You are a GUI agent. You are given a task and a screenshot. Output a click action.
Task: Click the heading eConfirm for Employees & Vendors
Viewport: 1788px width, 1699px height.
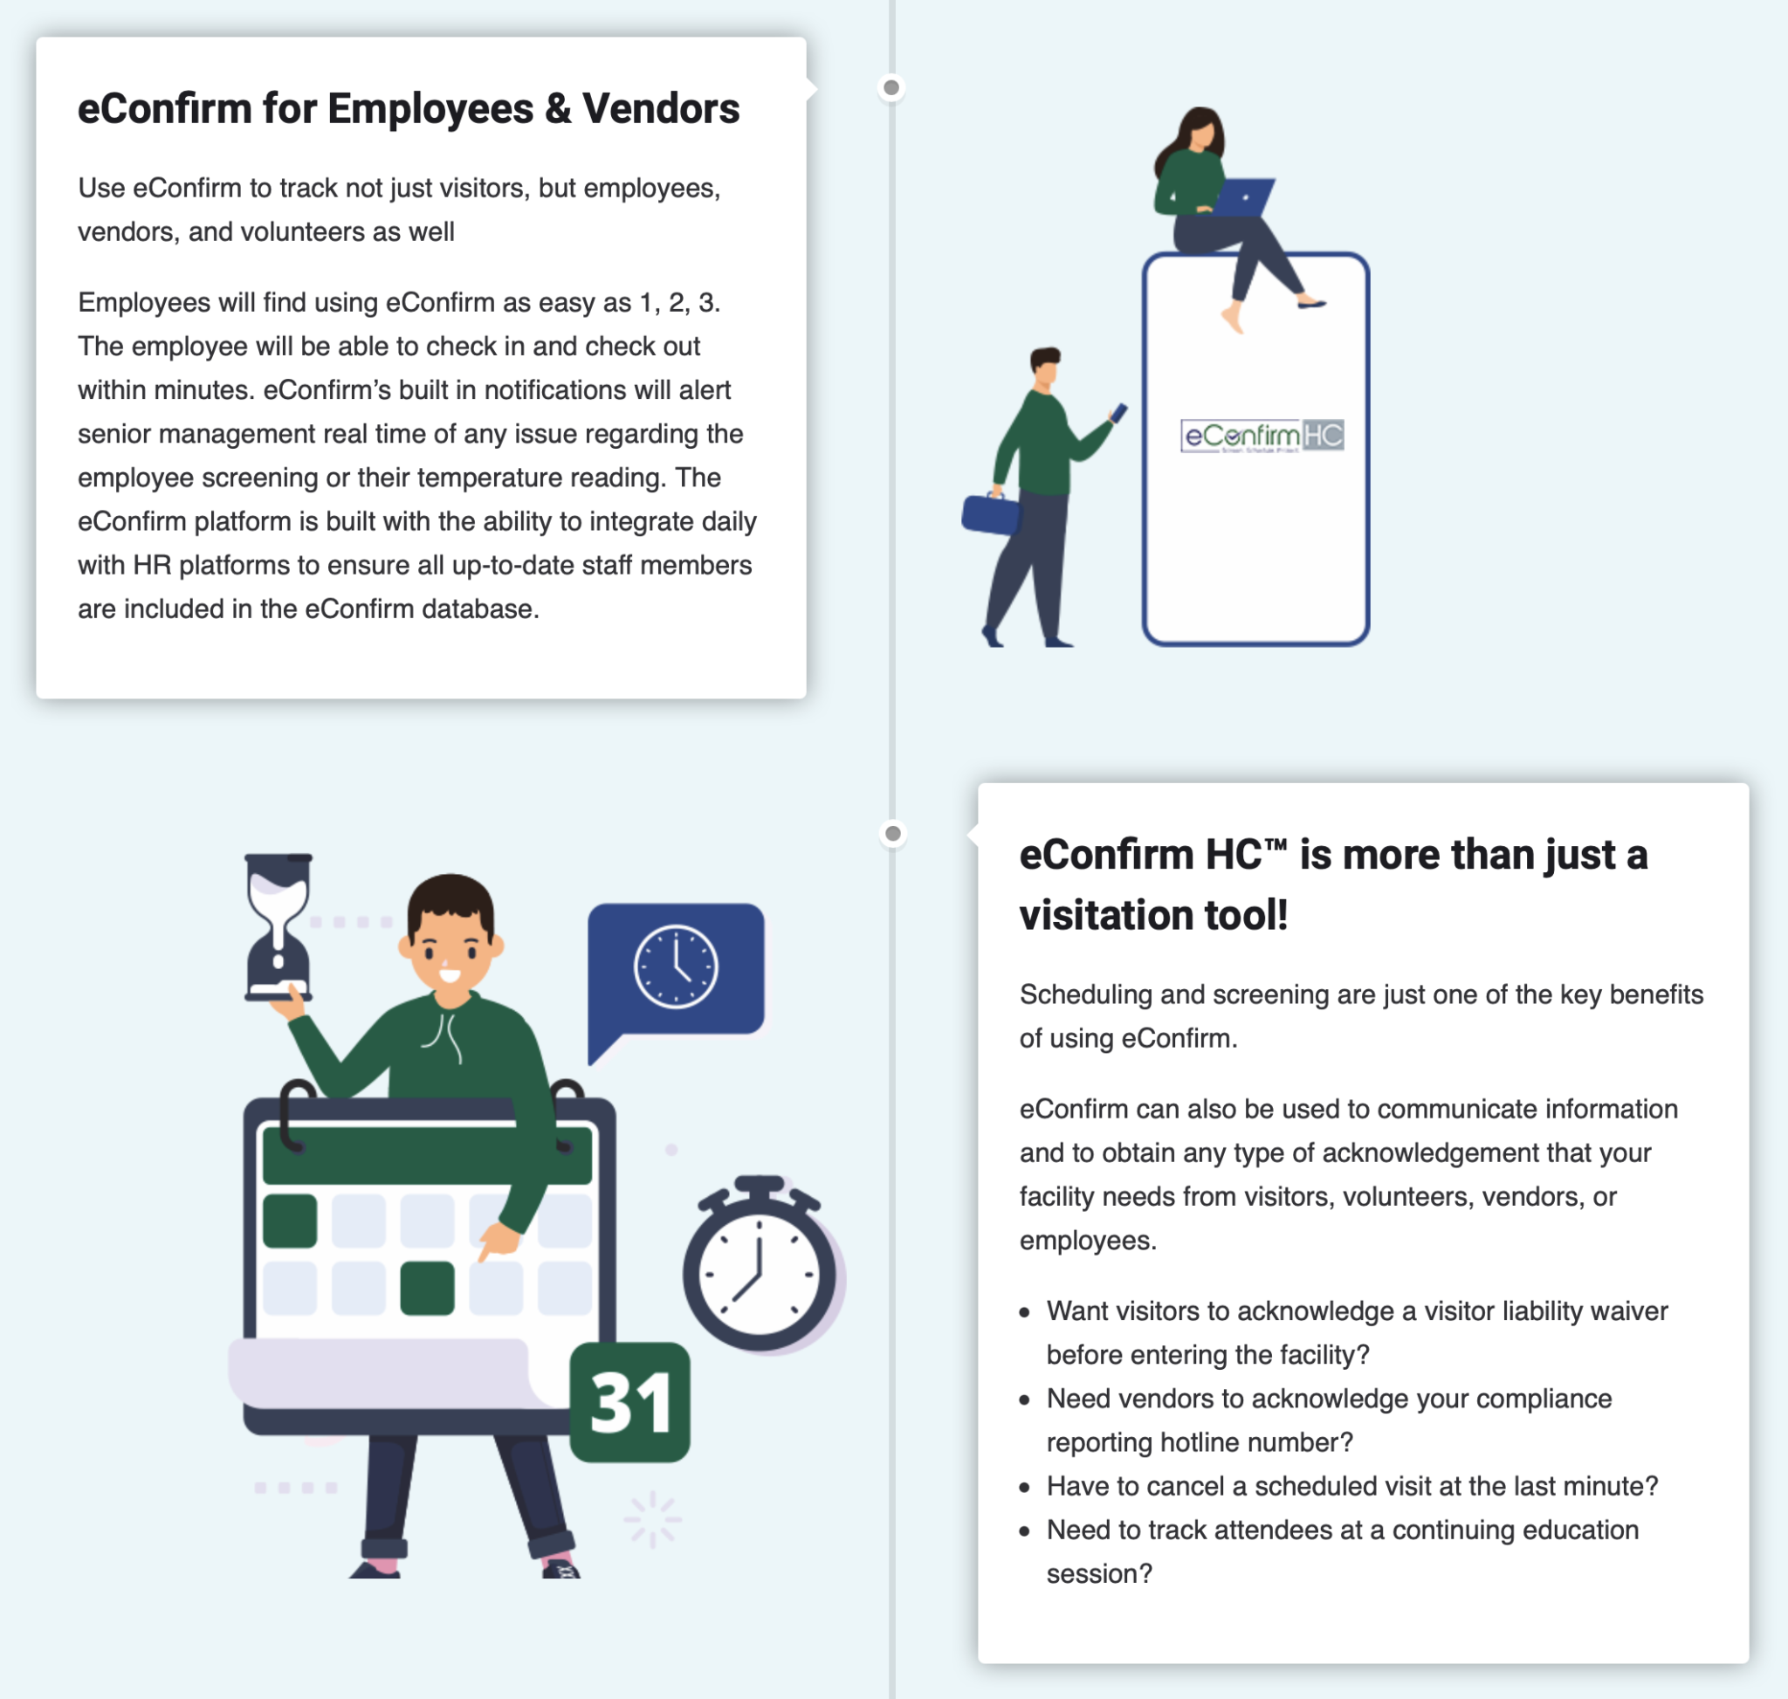pyautogui.click(x=409, y=108)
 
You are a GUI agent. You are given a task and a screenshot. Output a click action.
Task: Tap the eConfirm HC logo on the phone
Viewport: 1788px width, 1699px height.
pyautogui.click(x=1262, y=436)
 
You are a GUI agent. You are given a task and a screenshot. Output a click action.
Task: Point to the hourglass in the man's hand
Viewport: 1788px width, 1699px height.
pyautogui.click(x=279, y=926)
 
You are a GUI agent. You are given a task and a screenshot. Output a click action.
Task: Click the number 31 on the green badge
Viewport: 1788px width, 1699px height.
pyautogui.click(x=630, y=1403)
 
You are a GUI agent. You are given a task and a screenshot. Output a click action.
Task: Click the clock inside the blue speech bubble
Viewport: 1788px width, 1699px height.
pyautogui.click(x=676, y=966)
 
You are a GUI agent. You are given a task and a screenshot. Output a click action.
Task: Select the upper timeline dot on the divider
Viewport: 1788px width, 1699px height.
pyautogui.click(x=891, y=88)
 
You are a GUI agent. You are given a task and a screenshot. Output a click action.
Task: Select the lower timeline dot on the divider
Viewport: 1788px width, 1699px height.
pyautogui.click(x=893, y=833)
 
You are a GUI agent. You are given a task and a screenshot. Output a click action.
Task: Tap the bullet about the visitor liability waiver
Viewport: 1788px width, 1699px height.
pyautogui.click(x=1357, y=1332)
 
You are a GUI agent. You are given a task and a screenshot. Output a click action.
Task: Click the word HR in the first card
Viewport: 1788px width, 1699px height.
pyautogui.click(x=151, y=565)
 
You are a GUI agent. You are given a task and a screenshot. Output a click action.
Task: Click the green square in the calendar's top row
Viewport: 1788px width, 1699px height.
pyautogui.click(x=290, y=1221)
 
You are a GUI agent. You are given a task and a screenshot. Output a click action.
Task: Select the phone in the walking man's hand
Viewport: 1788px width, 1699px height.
pyautogui.click(x=1119, y=413)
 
